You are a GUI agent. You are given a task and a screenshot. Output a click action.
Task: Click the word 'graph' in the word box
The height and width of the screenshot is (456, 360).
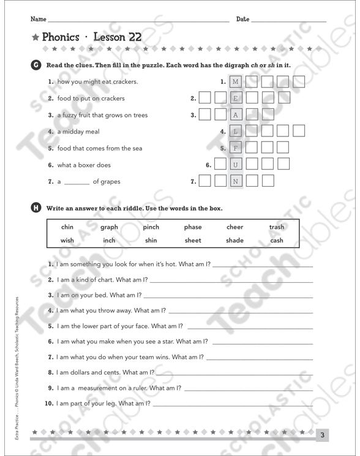click(109, 227)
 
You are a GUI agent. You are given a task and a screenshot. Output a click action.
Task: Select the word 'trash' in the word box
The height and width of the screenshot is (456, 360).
click(277, 227)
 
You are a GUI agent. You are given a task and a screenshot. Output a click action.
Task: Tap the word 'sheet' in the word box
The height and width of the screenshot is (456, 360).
click(193, 241)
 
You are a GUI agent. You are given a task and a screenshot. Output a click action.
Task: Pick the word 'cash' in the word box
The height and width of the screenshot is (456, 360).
click(277, 241)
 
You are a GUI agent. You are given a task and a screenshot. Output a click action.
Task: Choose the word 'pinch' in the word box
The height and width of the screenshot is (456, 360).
click(151, 227)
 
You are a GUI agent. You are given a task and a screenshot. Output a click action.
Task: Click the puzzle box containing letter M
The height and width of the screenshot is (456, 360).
click(236, 81)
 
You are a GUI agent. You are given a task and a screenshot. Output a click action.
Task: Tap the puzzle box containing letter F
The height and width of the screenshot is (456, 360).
click(236, 148)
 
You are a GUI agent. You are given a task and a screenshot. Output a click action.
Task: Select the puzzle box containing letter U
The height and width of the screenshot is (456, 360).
click(236, 165)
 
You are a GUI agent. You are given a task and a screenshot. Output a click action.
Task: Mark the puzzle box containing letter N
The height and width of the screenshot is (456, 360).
click(236, 181)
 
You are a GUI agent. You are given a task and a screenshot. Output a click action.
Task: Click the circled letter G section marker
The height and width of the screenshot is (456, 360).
click(36, 65)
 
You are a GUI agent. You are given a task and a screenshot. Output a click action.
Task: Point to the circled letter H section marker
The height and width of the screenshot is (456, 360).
click(36, 208)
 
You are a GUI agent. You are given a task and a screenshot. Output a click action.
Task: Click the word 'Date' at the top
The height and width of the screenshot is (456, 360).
click(242, 20)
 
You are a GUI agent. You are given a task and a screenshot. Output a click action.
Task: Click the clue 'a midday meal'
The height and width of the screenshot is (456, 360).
click(78, 132)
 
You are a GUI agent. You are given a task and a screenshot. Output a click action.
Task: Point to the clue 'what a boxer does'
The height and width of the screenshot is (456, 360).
click(84, 165)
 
